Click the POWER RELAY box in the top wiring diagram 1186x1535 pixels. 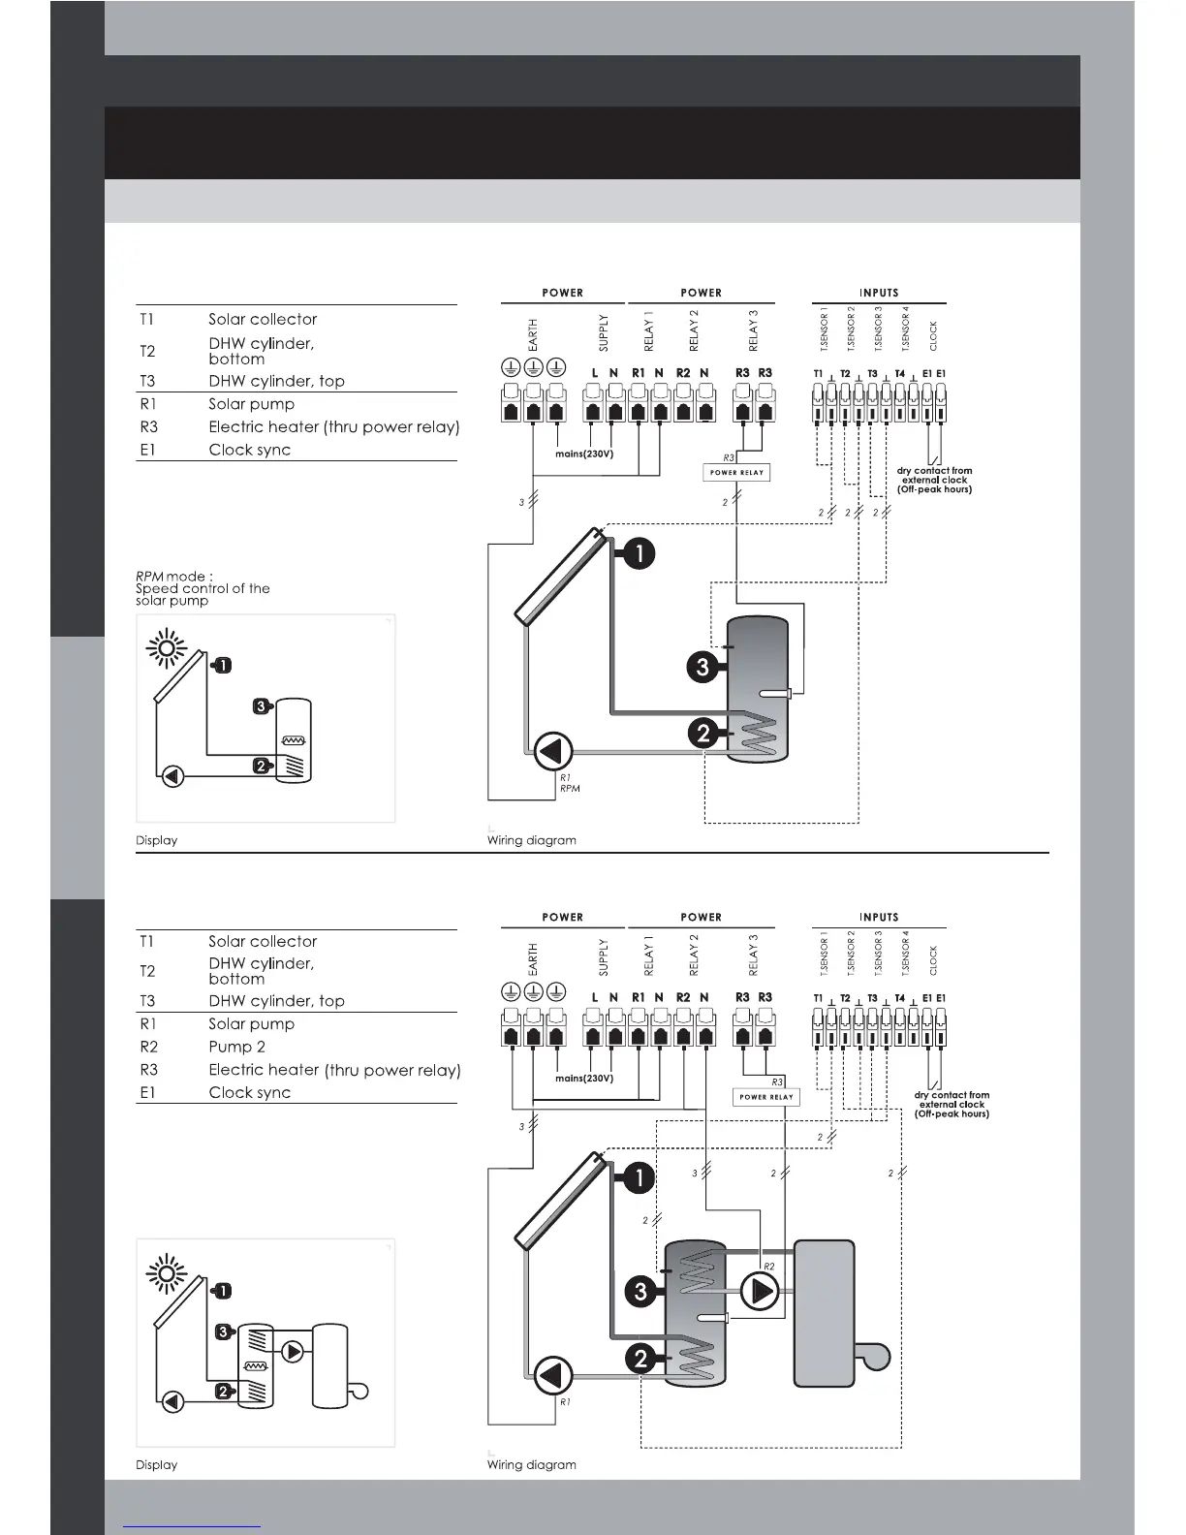point(736,473)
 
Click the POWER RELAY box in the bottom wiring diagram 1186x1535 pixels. point(765,1097)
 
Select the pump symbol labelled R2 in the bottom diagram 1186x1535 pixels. point(761,1291)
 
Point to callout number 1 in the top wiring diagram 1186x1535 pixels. point(639,553)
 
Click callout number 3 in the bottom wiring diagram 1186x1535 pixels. point(640,1291)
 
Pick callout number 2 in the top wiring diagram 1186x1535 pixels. point(704,734)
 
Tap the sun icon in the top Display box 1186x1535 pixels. point(166,648)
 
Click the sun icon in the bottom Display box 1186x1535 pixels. point(166,1272)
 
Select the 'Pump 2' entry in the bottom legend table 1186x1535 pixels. point(236,1047)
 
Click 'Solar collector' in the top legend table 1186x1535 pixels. point(263,319)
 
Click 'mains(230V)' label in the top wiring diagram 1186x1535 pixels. point(584,454)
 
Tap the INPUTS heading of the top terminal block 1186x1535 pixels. point(879,293)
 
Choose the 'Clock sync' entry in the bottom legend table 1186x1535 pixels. point(249,1092)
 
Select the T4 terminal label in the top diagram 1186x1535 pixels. point(900,373)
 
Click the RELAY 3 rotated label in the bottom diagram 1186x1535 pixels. point(754,955)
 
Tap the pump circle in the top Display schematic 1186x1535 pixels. point(172,775)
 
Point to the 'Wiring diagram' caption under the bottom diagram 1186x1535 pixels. point(531,1464)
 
